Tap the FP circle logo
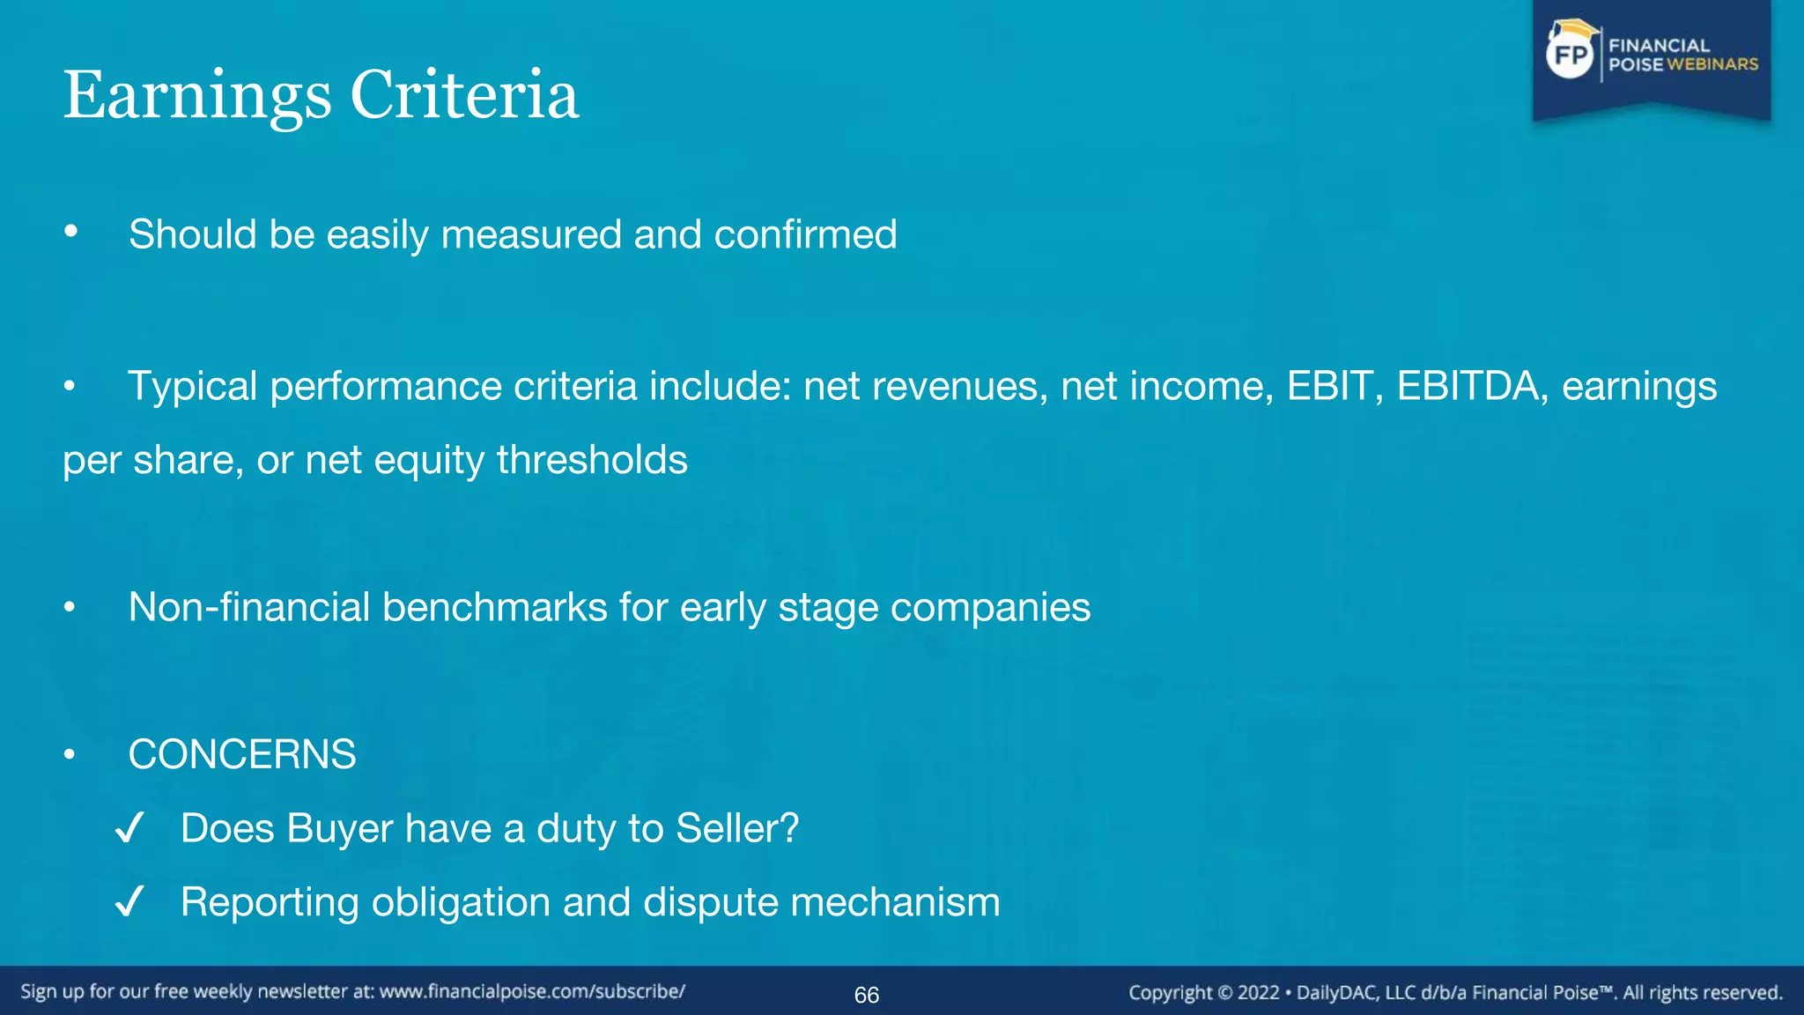[x=1571, y=55]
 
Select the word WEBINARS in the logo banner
[x=1712, y=64]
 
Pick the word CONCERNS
[x=242, y=754]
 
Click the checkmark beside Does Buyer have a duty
[x=129, y=828]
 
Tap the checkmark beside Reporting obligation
[x=129, y=902]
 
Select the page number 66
[x=867, y=995]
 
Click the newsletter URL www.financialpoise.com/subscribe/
[x=532, y=991]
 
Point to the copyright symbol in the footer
[x=1225, y=993]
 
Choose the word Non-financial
[x=249, y=607]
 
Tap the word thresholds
[x=592, y=460]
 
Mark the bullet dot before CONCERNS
[x=70, y=754]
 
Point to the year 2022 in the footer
[x=1258, y=993]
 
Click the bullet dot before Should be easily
[x=71, y=233]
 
